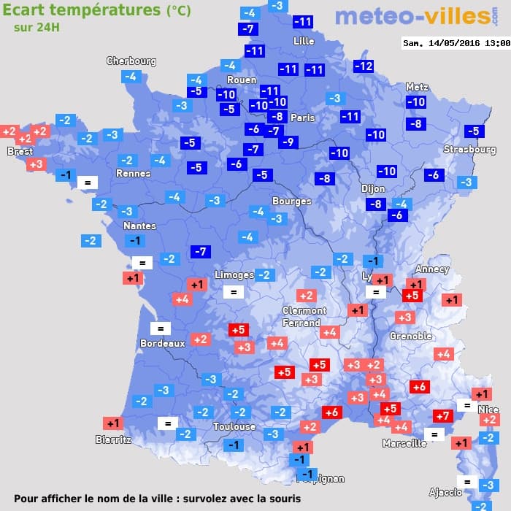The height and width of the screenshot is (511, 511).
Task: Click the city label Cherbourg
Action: tap(131, 61)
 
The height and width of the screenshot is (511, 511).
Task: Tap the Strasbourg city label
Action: tap(470, 150)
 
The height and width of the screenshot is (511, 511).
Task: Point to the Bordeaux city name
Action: tap(162, 342)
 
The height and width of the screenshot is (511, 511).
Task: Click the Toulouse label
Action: tap(234, 426)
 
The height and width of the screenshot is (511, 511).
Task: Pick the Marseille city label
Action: tap(404, 443)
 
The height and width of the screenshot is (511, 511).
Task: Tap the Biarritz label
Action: tap(114, 439)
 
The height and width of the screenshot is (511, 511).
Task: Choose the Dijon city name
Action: tap(373, 188)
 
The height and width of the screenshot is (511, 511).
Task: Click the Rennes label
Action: tap(134, 173)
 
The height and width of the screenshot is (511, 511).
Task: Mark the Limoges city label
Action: tap(234, 274)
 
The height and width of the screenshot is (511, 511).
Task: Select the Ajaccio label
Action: tap(445, 491)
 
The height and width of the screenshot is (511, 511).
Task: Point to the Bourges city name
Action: tap(291, 201)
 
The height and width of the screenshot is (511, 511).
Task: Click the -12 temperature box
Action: tap(364, 66)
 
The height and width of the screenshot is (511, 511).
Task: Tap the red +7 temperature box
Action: tap(443, 416)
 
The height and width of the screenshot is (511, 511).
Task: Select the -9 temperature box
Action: tap(288, 142)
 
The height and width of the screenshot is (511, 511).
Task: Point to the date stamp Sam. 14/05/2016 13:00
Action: tap(456, 43)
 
